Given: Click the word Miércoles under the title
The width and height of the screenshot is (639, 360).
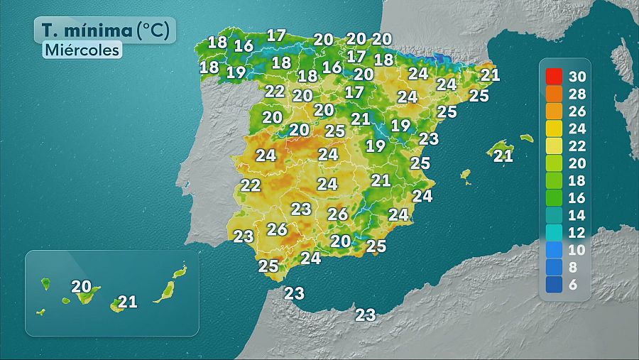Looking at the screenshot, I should coord(81,50).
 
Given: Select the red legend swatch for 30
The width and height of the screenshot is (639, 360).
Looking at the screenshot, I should coord(555,76).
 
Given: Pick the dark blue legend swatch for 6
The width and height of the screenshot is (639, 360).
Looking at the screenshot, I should coord(555,284).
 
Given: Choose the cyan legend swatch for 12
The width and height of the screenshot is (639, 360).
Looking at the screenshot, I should coord(555,232).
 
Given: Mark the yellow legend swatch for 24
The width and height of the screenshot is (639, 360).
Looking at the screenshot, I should coord(555,128).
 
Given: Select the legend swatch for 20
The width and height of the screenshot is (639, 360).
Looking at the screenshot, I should coord(555,163).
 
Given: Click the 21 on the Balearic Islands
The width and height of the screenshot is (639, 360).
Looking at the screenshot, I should coord(503,156).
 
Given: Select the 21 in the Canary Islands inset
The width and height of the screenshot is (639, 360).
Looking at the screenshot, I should coord(127,302).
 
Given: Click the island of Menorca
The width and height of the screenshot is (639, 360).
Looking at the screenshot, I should coord(526,138).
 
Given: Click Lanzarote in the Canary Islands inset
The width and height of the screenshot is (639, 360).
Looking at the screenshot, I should coord(180,271).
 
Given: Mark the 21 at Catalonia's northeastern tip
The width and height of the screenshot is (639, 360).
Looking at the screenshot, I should coord(490,75).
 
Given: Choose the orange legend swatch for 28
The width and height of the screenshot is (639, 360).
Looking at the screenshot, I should coord(555,93).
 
